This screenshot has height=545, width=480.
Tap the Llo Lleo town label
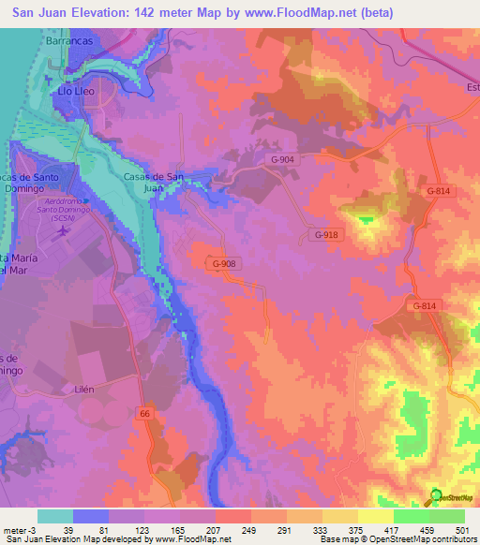(x=78, y=94)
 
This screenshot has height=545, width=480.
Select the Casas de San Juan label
(x=154, y=182)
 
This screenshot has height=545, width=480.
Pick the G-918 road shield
(x=325, y=234)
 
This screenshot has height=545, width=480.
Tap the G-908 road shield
(x=224, y=265)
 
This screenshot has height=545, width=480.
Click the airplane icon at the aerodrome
(x=64, y=230)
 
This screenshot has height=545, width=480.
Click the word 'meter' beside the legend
(x=16, y=530)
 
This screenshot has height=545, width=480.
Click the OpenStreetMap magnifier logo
(x=437, y=497)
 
